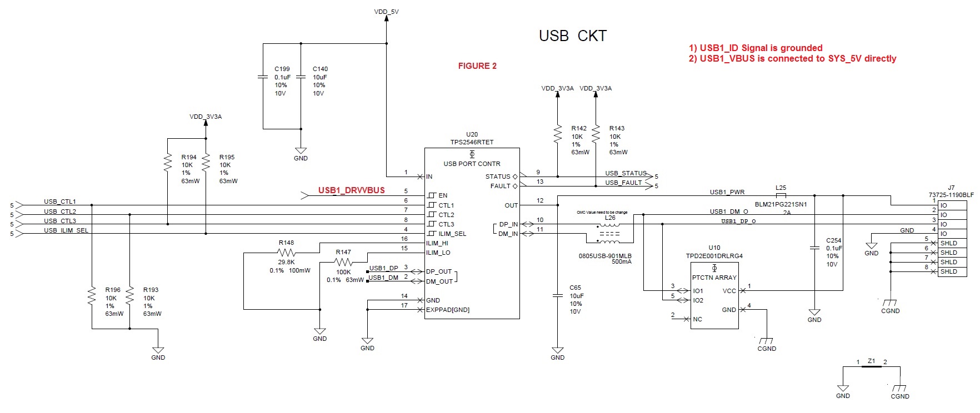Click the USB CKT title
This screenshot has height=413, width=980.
click(x=572, y=36)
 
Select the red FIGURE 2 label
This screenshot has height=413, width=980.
click(x=477, y=66)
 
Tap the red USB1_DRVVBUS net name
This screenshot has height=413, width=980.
click(x=351, y=190)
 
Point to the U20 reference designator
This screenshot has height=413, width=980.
click(x=472, y=134)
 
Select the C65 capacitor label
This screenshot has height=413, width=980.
click(x=575, y=288)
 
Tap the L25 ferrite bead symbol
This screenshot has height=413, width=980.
click(x=781, y=195)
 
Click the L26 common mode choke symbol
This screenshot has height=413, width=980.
click(x=609, y=234)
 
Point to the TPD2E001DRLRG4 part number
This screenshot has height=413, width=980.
click(x=714, y=256)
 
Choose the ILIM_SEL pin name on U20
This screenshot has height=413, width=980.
click(x=452, y=234)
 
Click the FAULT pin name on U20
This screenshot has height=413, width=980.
click(x=500, y=186)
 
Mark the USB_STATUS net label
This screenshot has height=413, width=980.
click(x=626, y=173)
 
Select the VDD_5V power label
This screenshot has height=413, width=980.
click(x=386, y=12)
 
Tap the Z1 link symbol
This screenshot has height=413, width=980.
click(x=871, y=367)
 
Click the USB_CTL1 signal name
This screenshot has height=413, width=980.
click(x=60, y=202)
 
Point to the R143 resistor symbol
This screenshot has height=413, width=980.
click(x=596, y=133)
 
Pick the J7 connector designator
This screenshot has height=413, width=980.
click(x=951, y=188)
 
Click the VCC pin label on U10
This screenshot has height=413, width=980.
click(x=729, y=291)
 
